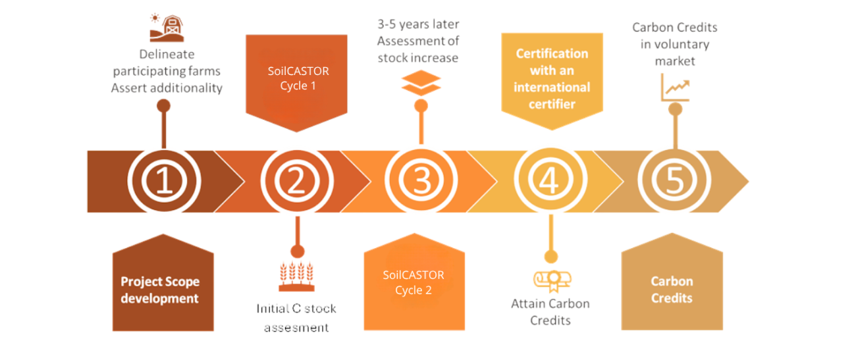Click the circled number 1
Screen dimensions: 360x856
163,182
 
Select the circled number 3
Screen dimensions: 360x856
421,182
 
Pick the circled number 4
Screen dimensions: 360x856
548,182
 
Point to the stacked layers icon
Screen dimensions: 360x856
421,84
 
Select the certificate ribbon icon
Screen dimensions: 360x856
550,280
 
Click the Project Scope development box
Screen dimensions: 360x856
160,289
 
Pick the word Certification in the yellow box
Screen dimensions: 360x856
551,53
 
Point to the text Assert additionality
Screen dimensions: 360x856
167,88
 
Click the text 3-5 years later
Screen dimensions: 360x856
418,24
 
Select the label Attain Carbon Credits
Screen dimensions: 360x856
550,312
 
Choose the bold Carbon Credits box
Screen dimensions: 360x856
672,289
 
